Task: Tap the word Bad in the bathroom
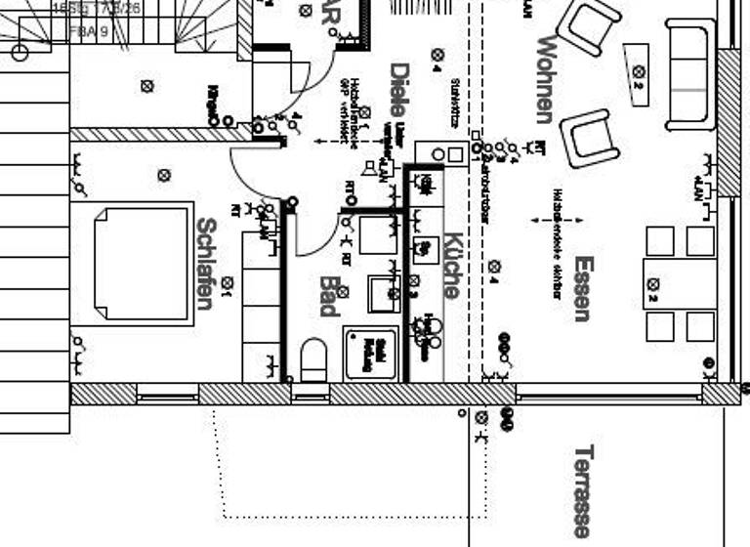(328, 296)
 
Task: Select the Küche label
(451, 265)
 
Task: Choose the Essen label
(583, 288)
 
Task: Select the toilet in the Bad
(313, 359)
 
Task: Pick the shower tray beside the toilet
(370, 352)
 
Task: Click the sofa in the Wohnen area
(690, 74)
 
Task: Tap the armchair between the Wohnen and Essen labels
(591, 138)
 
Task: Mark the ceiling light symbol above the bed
(164, 176)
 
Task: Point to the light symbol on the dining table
(652, 284)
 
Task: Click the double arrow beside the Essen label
(556, 221)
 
